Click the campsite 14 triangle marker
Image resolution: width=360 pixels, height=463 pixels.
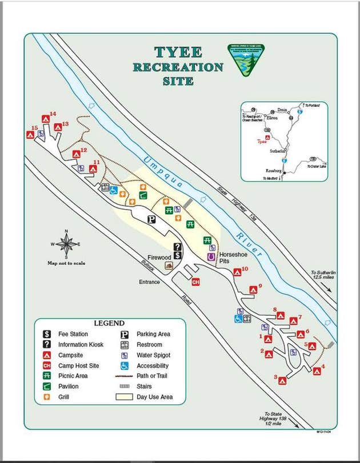pos(46,119)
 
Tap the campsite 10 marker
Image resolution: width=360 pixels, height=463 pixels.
pos(237,272)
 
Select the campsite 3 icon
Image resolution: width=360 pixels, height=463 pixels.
pos(282,380)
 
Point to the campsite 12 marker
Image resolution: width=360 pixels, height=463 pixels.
pos(76,154)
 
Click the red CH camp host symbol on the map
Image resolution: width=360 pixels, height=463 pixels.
pos(195,281)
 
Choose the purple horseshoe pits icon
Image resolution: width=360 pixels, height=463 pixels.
pos(211,257)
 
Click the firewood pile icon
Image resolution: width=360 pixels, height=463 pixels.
pos(169,265)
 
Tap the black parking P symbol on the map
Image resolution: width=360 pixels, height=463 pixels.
pos(152,219)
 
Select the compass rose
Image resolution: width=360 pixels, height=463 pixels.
pos(67,244)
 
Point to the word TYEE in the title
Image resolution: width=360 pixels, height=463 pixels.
pos(178,53)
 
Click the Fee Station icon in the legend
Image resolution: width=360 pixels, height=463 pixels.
pos(48,334)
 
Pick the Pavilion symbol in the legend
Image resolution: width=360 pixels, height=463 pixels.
pos(48,386)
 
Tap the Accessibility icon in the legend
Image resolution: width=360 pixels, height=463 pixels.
pos(124,365)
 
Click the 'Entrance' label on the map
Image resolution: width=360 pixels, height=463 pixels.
pos(149,282)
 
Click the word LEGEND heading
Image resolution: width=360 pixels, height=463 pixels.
pos(109,324)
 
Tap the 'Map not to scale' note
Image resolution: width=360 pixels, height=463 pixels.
pos(67,263)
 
